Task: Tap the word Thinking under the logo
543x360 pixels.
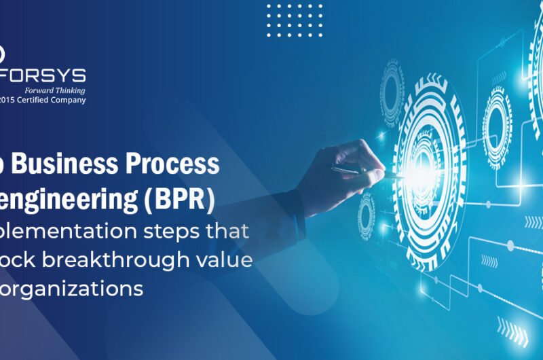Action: tap(71, 90)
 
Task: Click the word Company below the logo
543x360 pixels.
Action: tap(69, 100)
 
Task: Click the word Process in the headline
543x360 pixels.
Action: tap(179, 165)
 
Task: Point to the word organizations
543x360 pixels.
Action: tap(75, 289)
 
